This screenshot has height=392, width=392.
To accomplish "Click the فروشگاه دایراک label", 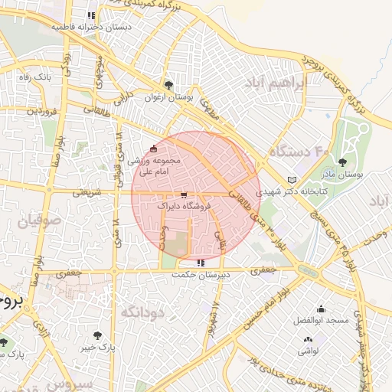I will [x=181, y=207].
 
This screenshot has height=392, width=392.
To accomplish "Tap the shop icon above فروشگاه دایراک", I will [x=183, y=195].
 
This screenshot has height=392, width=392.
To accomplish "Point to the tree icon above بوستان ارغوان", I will [x=168, y=85].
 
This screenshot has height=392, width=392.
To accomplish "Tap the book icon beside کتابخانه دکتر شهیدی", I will [x=290, y=180].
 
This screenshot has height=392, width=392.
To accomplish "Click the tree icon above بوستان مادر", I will [x=341, y=162].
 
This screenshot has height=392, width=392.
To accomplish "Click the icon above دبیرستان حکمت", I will [x=201, y=263].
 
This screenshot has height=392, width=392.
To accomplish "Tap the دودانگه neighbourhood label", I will [x=143, y=312].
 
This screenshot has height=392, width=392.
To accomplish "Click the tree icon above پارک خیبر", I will [x=97, y=335].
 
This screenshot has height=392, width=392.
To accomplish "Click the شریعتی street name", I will [x=87, y=193].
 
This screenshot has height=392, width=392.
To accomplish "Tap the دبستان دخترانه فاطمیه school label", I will [x=92, y=27].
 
